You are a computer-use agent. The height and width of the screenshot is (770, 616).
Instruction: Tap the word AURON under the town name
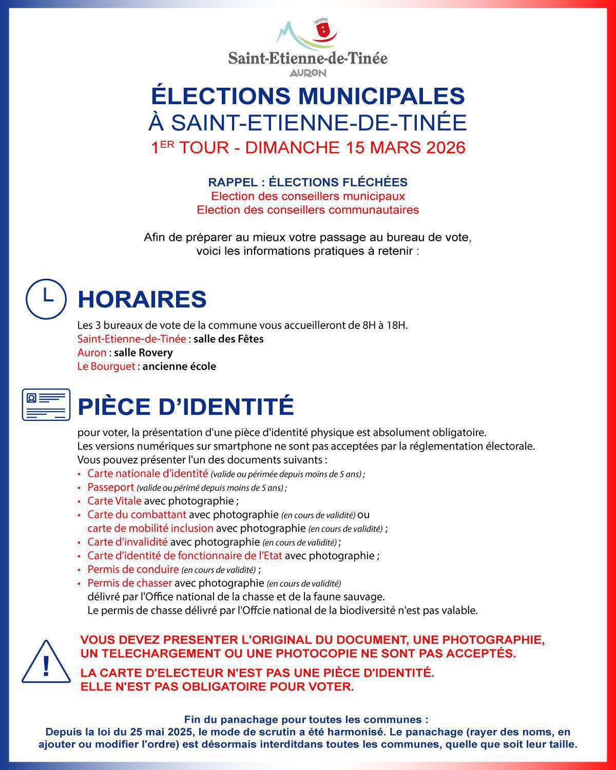(x=307, y=73)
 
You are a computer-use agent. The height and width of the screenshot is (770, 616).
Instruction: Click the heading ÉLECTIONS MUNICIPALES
(x=307, y=96)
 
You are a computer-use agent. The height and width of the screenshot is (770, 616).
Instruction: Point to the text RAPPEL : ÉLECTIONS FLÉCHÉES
(x=307, y=182)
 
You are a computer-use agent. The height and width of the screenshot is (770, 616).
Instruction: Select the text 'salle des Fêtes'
(x=228, y=339)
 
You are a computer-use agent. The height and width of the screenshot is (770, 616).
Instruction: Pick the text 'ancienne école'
(x=179, y=367)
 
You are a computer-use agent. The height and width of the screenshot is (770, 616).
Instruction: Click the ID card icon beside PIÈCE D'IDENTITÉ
(x=46, y=405)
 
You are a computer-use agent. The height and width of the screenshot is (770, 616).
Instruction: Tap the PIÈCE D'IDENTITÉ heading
(x=185, y=407)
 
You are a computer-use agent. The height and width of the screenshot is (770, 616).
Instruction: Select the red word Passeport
(x=110, y=487)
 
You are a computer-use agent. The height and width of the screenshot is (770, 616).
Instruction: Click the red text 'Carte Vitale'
(x=114, y=501)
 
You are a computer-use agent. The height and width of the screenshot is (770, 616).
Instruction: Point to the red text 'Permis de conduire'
(x=133, y=569)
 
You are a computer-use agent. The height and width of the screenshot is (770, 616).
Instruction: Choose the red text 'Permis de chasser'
(x=129, y=583)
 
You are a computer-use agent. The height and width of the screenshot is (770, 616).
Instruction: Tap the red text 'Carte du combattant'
(x=137, y=514)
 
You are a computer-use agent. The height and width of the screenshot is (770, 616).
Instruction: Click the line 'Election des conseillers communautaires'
(x=307, y=210)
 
